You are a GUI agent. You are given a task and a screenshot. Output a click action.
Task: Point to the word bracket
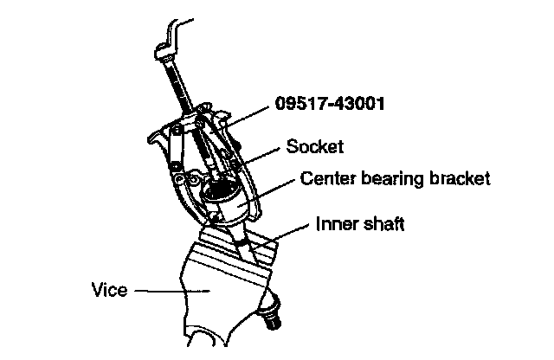[x=460, y=179]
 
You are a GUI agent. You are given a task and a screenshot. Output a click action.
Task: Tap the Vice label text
[x=109, y=290]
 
